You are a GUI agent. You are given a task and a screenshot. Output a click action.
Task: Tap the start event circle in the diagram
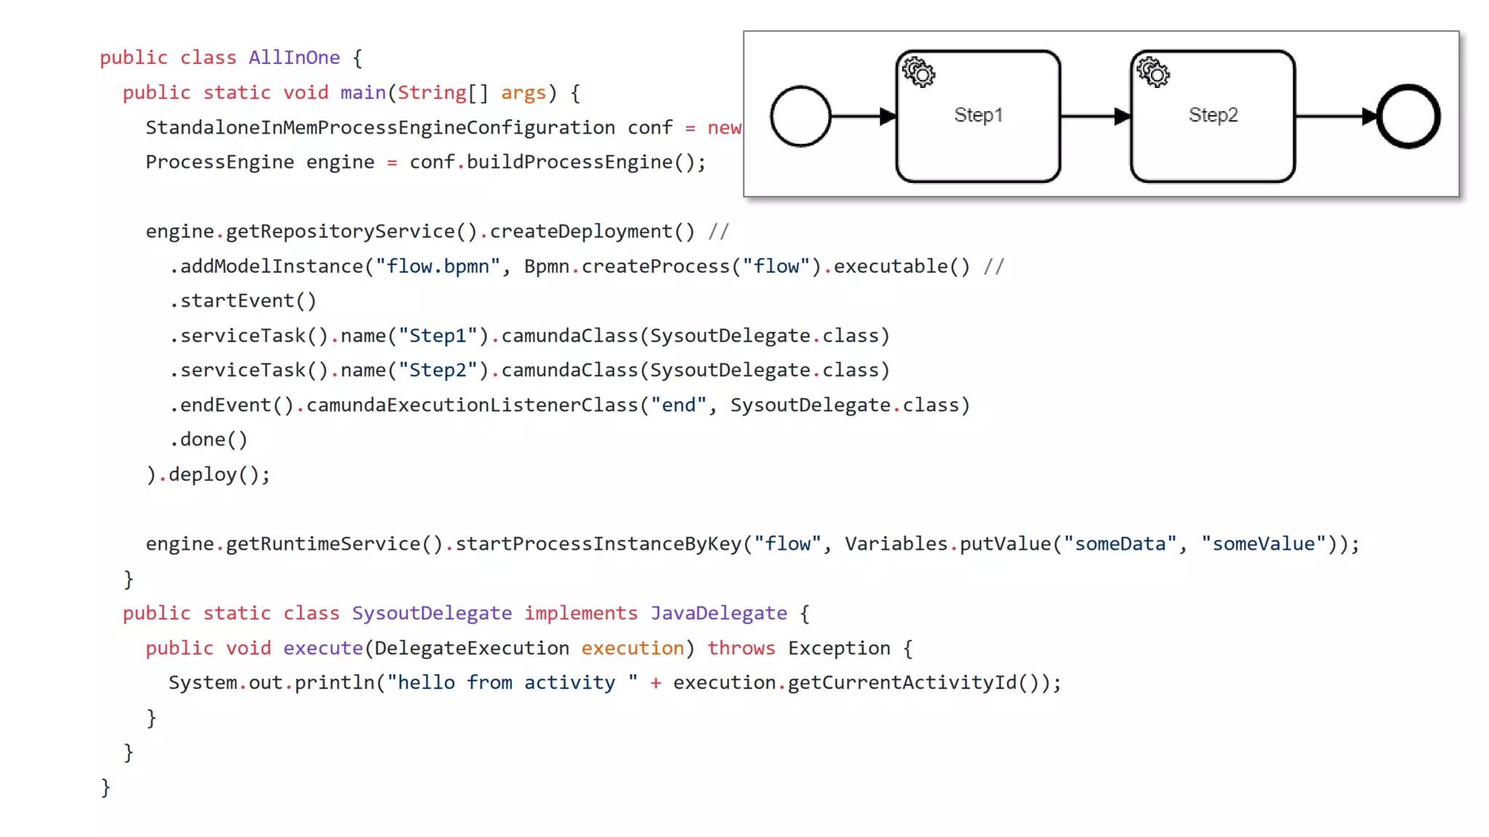800,116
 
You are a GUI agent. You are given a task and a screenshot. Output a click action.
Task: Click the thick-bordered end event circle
1408,116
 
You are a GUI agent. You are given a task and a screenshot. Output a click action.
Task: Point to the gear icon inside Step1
919,73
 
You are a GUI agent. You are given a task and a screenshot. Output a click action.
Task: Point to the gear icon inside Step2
1153,73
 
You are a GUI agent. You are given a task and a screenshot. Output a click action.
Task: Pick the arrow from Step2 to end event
1335,116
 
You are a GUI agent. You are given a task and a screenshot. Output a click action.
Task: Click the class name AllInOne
294,58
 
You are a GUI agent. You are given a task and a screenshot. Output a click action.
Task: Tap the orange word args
523,93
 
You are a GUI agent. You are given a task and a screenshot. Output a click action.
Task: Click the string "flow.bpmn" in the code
437,267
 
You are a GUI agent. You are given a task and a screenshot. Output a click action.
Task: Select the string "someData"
1120,544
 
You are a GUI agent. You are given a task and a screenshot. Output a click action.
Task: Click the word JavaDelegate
718,613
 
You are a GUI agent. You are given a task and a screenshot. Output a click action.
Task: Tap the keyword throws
741,648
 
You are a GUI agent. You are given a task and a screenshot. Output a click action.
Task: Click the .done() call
209,440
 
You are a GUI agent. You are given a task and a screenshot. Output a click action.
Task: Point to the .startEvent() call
243,301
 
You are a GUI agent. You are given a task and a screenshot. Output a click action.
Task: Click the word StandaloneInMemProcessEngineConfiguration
380,128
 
